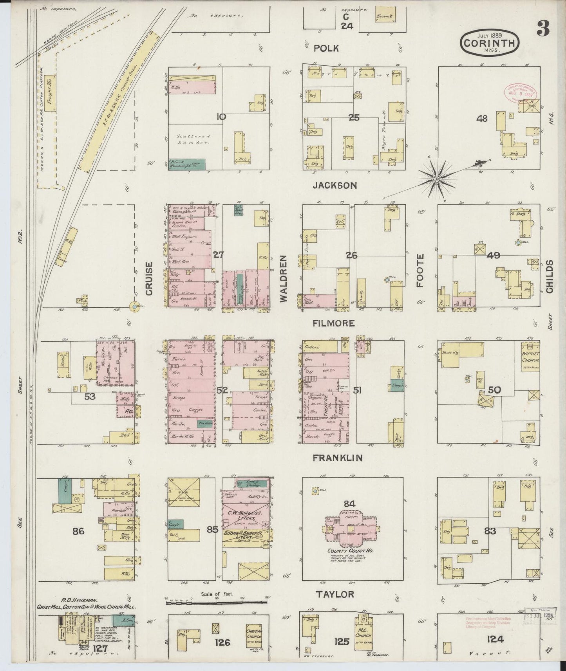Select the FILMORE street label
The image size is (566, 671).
[334, 323]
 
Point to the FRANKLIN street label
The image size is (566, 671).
[338, 458]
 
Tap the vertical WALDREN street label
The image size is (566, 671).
[284, 278]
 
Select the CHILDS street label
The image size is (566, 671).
[550, 276]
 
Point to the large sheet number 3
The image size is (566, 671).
[542, 29]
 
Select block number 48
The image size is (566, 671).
[482, 118]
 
